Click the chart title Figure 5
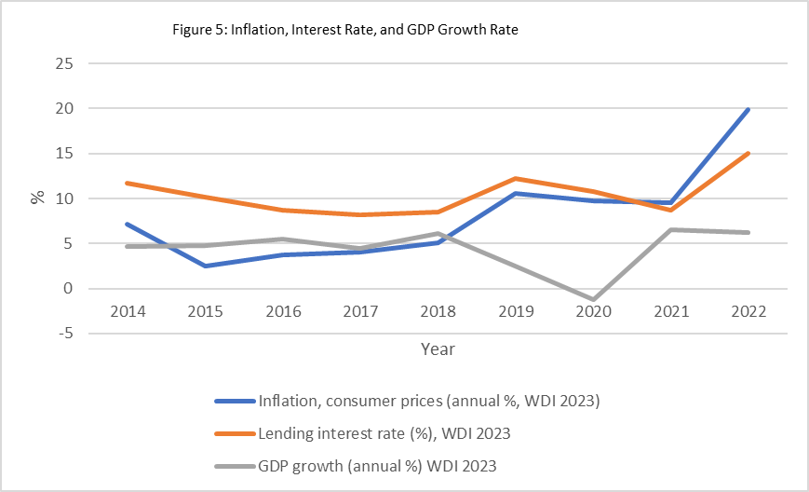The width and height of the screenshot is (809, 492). tap(345, 30)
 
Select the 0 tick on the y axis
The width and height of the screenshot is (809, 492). tap(67, 289)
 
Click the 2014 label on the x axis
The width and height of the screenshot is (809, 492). tap(127, 312)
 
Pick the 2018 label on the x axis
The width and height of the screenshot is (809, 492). tap(438, 312)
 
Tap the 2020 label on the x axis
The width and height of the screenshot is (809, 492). tap(593, 312)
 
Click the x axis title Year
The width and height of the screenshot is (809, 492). tap(437, 348)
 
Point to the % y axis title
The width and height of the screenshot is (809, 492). tap(37, 198)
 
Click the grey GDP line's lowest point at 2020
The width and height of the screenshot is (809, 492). tap(593, 300)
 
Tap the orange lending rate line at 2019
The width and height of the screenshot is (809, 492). tap(515, 179)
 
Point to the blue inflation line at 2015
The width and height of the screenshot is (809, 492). tap(205, 266)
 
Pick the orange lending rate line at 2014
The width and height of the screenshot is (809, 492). tap(127, 184)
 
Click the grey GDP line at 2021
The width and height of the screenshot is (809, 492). tap(670, 230)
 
